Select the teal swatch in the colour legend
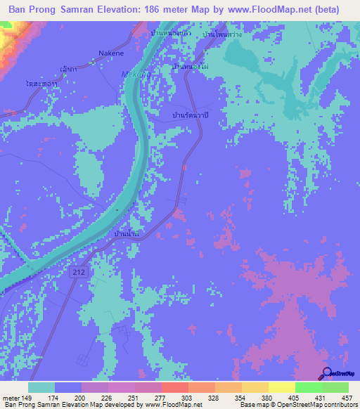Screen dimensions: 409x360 [x=42, y=387]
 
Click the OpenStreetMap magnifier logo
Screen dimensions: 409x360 [x=328, y=374]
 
